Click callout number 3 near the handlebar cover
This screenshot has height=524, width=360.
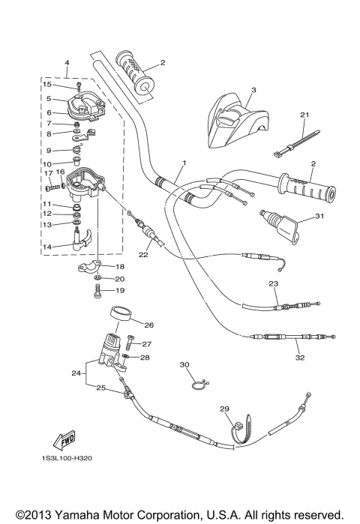pos(253,90)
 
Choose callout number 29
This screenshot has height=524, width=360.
pos(223,409)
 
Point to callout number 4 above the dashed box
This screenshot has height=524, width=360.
pos(66,63)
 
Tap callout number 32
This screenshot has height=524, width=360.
pos(300,358)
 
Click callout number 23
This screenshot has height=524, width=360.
pos(273,283)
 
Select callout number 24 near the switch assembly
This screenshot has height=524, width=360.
pos(75,373)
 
